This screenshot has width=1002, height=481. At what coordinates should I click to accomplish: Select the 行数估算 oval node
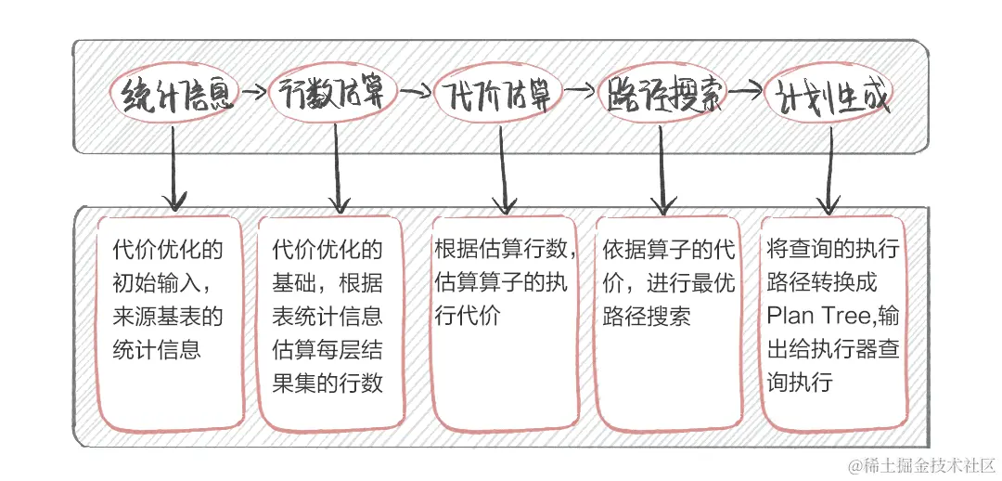coord(335,95)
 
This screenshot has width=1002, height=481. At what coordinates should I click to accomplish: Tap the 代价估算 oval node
coord(498,95)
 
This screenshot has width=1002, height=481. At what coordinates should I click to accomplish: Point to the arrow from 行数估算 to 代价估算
coord(417,91)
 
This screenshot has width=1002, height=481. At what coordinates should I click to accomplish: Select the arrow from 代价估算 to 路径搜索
coord(579,91)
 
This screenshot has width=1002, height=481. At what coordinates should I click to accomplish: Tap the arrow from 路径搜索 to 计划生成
coord(745,93)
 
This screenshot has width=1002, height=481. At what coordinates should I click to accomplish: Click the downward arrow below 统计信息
coord(173,167)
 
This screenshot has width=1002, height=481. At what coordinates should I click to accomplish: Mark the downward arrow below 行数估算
coord(337,167)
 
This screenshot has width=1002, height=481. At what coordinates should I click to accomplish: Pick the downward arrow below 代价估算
coord(504,167)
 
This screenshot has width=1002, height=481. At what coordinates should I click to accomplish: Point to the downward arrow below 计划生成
coord(827,167)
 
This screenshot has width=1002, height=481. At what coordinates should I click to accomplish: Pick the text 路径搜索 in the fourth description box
coord(647,317)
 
